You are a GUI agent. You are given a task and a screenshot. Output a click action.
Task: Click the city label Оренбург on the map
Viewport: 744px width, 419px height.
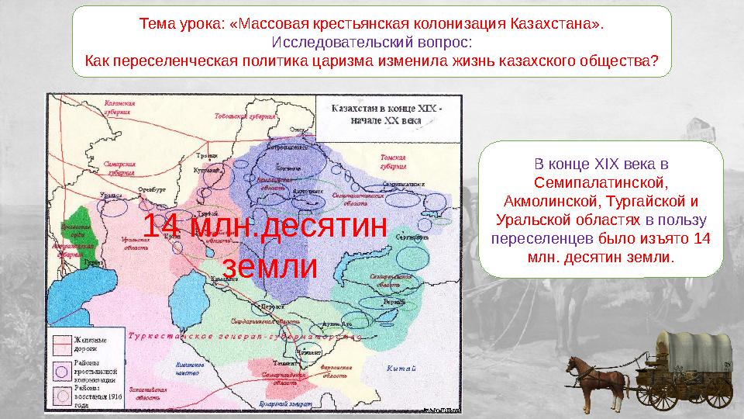[153, 188]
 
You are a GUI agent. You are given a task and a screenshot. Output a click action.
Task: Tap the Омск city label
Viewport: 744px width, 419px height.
[296, 130]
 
